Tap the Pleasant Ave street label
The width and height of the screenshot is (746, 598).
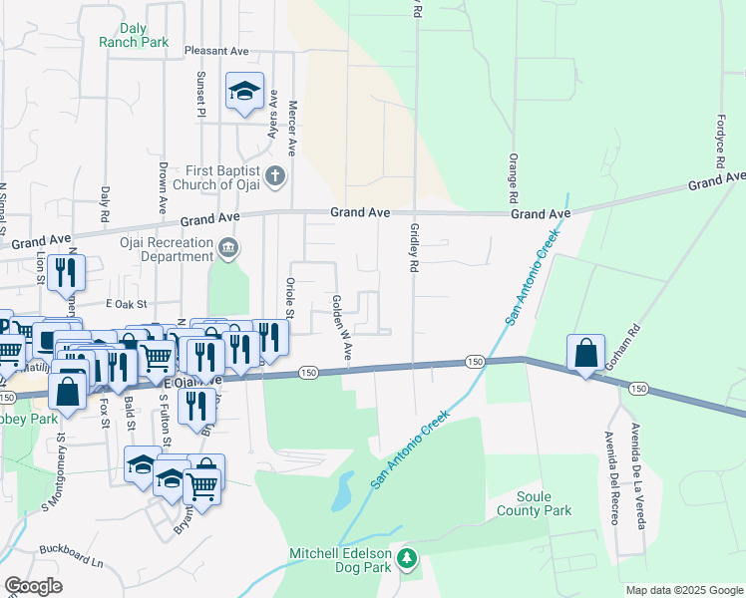click(x=215, y=50)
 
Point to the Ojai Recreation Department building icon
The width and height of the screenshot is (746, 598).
click(x=228, y=247)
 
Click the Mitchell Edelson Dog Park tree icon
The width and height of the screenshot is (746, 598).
click(x=406, y=558)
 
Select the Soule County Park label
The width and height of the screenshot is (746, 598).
click(x=544, y=503)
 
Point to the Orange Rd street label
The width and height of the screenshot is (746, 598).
click(x=513, y=173)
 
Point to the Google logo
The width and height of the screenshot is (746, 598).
click(x=33, y=586)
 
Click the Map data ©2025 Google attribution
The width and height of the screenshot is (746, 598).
click(x=683, y=590)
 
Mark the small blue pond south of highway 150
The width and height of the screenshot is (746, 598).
click(x=343, y=488)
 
